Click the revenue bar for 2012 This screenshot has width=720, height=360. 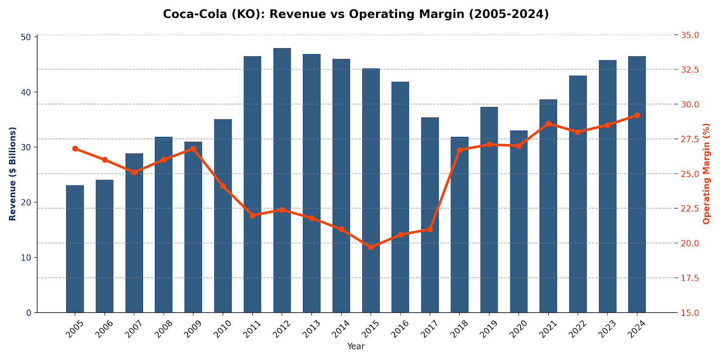(x=282, y=180)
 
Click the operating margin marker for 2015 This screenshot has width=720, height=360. (x=371, y=247)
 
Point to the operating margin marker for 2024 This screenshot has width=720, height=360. (x=637, y=116)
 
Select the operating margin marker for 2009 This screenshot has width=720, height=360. (x=193, y=148)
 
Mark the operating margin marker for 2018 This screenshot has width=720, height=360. (x=459, y=150)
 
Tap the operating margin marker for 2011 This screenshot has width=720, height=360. (x=252, y=216)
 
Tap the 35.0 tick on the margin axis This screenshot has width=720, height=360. (x=690, y=35)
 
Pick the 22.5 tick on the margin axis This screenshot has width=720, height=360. (x=690, y=208)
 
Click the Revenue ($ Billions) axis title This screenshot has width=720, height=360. (x=13, y=174)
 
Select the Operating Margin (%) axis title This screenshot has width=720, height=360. (x=706, y=174)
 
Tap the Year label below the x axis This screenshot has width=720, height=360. (x=355, y=346)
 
